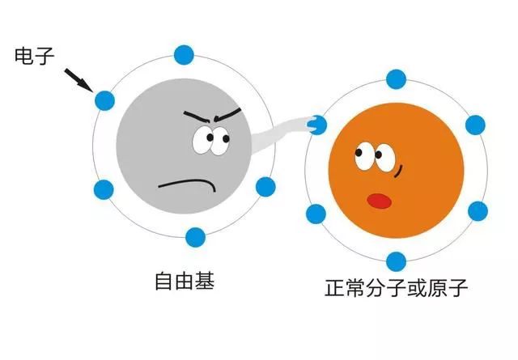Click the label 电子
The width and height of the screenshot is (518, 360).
pos(34,55)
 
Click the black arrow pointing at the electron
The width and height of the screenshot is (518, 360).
pos(79,80)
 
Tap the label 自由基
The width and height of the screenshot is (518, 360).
pos(185,281)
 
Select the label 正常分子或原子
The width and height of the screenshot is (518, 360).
pos(396,288)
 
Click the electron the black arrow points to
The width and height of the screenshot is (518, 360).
pos(104,100)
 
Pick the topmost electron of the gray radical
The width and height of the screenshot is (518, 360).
pos(184,55)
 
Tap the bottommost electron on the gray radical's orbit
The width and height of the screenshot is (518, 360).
pos(195,237)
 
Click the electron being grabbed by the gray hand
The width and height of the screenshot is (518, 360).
pos(317,125)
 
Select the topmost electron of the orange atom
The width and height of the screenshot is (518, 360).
pos(396,79)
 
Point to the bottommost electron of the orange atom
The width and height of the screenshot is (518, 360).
pos(396,261)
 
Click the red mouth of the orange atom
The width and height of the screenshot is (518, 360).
pos(380,201)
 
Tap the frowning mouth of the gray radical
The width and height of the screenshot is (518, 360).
pos(187,184)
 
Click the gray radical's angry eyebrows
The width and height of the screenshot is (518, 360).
pos(212,115)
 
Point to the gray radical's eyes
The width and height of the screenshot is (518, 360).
pos(211,141)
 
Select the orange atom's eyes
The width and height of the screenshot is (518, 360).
pos(375,157)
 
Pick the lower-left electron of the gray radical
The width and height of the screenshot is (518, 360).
pos(104,189)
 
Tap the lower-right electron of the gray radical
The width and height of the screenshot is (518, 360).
pos(265,187)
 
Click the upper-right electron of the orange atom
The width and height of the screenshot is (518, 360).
pos(475,125)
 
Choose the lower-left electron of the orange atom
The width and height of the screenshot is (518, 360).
pos(316,214)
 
